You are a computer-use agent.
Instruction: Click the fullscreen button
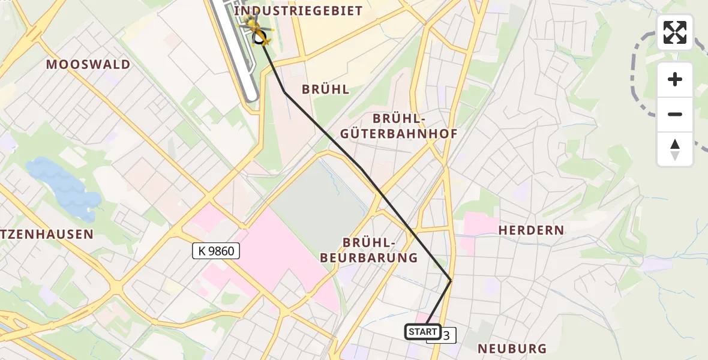click(675, 32)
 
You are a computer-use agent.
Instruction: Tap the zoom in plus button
click(675, 79)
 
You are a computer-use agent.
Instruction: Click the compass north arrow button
click(675, 149)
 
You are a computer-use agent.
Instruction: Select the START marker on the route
click(423, 332)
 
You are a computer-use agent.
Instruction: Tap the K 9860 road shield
click(216, 251)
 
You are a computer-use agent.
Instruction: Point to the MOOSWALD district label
click(88, 65)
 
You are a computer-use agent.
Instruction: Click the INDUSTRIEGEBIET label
click(298, 11)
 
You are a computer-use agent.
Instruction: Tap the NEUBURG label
click(512, 349)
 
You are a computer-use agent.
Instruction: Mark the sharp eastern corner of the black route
click(451, 280)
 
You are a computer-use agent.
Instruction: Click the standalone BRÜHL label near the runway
click(325, 89)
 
